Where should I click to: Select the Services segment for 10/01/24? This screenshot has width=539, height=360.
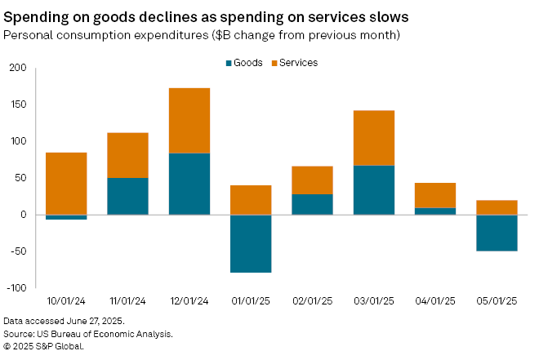coord(66,184)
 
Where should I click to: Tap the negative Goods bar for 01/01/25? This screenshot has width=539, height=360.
coord(251,243)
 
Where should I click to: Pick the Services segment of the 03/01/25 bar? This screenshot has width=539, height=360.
coord(374,138)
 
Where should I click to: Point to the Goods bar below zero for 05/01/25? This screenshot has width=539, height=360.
coord(497,233)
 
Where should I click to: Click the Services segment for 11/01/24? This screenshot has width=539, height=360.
coord(127,155)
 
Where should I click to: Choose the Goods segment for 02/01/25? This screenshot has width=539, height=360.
coord(312,204)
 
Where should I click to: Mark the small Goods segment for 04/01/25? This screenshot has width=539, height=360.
coord(435,211)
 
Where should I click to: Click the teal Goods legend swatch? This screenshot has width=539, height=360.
coord(229,63)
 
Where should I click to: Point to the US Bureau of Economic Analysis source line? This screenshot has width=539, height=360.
coord(88,334)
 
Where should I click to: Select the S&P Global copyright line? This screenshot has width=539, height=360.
coord(44,345)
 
